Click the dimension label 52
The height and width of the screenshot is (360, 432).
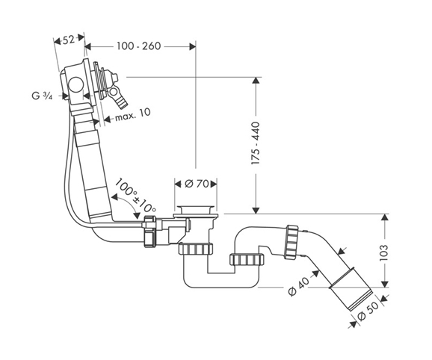[69, 40]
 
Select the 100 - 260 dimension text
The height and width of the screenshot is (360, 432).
[138, 46]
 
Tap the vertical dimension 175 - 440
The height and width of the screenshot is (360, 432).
[256, 143]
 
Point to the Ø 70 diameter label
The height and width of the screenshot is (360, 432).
[197, 184]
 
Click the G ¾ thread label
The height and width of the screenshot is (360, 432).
[42, 96]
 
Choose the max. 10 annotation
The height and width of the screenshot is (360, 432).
[133, 115]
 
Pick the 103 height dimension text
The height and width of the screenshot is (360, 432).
[383, 252]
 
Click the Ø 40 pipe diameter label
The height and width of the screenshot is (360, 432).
[299, 287]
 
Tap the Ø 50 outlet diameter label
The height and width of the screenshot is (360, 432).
[368, 311]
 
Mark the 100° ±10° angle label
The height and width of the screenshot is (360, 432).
[135, 196]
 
